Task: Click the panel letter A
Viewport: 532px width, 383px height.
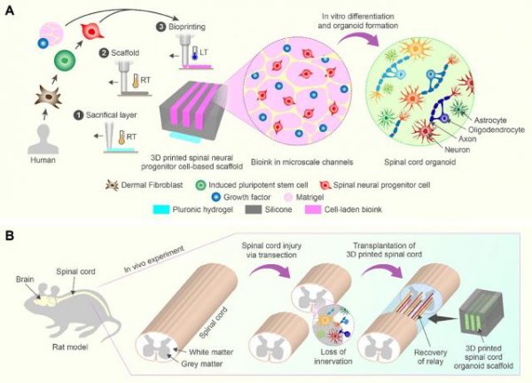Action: (11, 10)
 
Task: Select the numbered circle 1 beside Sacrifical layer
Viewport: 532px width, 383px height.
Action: (79, 115)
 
